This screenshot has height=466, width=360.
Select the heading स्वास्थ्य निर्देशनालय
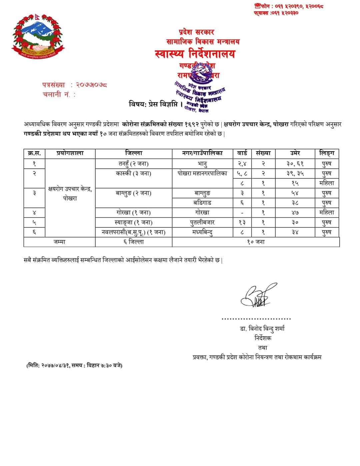click(x=195, y=54)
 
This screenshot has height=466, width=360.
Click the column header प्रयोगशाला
click(x=70, y=153)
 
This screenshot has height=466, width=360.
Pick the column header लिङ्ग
click(x=326, y=153)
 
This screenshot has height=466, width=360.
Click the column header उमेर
click(x=295, y=153)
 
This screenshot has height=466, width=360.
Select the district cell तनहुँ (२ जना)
click(x=134, y=164)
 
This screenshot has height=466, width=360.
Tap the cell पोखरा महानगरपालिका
click(x=202, y=173)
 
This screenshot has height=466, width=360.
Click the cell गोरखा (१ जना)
click(x=134, y=213)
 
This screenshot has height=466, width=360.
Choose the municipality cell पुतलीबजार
click(x=202, y=222)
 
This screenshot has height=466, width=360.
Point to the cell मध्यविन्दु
click(x=202, y=232)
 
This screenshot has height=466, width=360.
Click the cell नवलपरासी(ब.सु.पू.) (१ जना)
click(x=134, y=232)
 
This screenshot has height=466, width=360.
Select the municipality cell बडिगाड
click(x=202, y=203)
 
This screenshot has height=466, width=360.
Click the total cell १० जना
click(x=256, y=242)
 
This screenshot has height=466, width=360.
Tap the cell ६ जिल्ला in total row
click(x=134, y=242)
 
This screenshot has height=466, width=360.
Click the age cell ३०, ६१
click(x=295, y=164)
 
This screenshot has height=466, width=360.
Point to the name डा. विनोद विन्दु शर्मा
click(x=262, y=329)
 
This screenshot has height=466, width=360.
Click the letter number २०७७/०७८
click(x=92, y=85)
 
